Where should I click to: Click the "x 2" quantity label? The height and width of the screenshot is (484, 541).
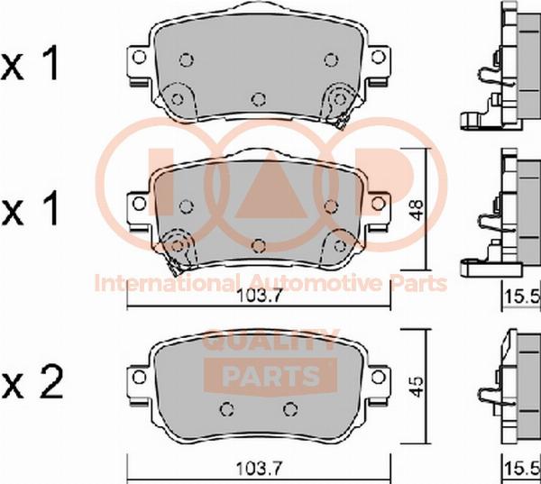coord(32,383)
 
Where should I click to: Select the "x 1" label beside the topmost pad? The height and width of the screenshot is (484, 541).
coord(31,65)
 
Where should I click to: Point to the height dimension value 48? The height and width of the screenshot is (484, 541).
coord(417,210)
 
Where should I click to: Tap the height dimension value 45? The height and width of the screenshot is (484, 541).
coord(417,386)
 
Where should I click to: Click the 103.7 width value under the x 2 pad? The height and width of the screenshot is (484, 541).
coord(259,469)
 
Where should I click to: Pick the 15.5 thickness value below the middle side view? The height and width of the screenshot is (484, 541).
coord(522,297)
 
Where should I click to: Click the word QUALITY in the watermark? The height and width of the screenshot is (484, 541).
coord(270,340)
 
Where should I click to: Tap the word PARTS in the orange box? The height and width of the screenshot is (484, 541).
coord(270,375)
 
